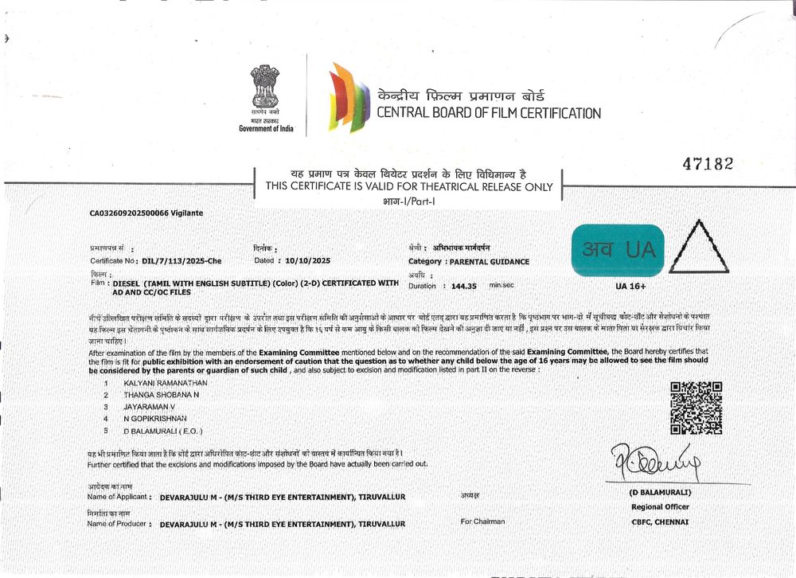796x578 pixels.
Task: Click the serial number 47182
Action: [x=708, y=164]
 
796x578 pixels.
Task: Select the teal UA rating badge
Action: [x=617, y=250]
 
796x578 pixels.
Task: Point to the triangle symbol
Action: [x=698, y=248]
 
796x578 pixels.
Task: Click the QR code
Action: [x=696, y=408]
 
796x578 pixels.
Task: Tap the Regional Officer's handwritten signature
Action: [x=654, y=460]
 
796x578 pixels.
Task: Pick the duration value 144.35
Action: [x=463, y=286]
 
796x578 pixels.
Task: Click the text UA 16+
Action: [x=630, y=286]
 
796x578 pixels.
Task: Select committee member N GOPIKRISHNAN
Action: [x=155, y=418]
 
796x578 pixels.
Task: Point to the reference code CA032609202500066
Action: [x=129, y=213]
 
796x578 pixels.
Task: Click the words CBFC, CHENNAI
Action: [x=660, y=522]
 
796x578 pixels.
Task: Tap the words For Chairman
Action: [x=482, y=521]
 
